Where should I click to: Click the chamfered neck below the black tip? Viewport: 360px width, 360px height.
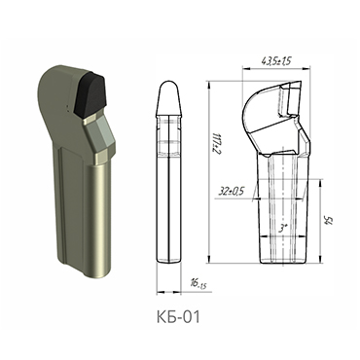point(100,136)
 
